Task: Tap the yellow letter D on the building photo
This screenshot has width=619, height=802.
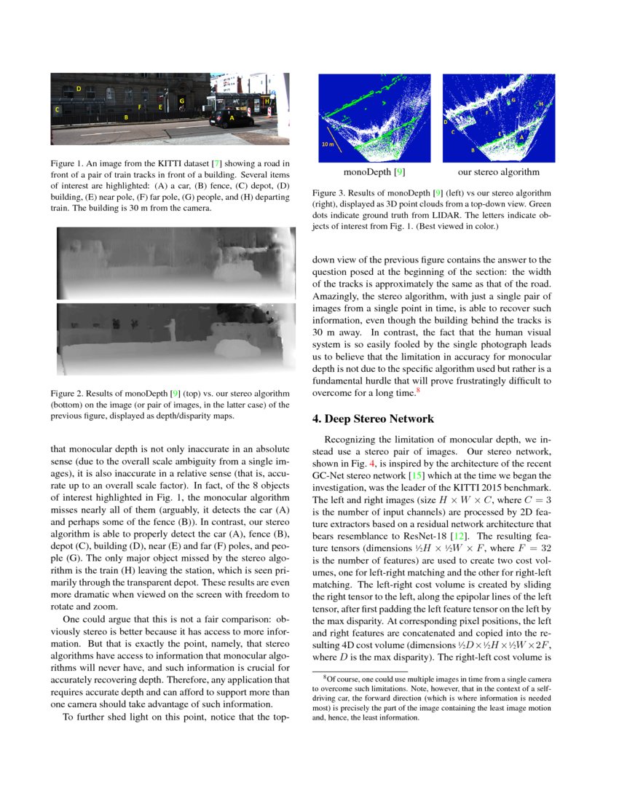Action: click(x=78, y=88)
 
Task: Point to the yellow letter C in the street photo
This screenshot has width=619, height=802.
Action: click(x=58, y=109)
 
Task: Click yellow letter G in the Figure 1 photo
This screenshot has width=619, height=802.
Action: click(x=181, y=100)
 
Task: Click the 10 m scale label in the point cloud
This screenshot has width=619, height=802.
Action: click(x=328, y=144)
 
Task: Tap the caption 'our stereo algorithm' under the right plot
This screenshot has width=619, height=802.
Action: click(x=499, y=173)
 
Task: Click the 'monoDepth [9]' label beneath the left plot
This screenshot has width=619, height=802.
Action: click(x=374, y=173)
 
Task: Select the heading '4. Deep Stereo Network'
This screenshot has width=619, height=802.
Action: click(x=372, y=419)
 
